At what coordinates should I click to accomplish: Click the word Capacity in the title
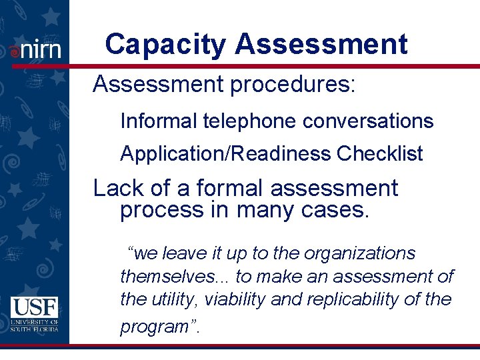pos(165,45)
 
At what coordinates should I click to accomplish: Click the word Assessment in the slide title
pos(321,45)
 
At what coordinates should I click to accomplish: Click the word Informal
pos(158,121)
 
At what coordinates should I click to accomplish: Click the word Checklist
pos(379,154)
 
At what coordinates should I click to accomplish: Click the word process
pos(161,210)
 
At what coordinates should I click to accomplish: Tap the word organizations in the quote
pos(359,253)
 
